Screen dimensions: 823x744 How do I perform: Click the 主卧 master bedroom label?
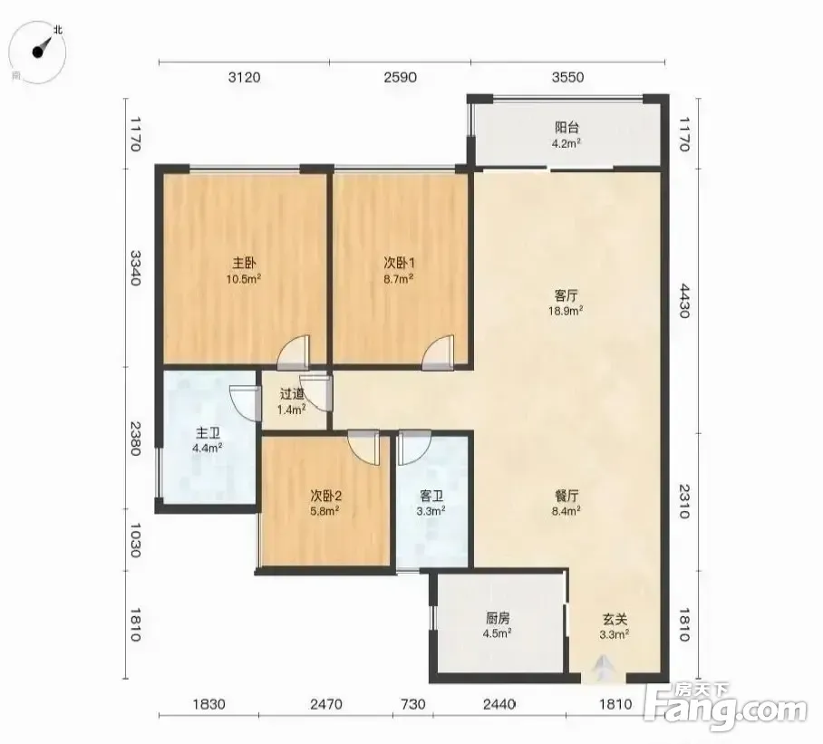click(x=244, y=262)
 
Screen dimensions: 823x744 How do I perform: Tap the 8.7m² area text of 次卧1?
click(x=399, y=278)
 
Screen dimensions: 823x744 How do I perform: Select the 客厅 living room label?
click(x=566, y=295)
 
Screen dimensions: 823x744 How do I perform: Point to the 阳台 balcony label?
click(x=566, y=127)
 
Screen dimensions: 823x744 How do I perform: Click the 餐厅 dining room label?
click(x=566, y=496)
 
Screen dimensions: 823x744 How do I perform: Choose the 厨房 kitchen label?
click(x=498, y=618)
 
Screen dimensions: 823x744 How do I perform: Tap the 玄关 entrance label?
click(x=615, y=620)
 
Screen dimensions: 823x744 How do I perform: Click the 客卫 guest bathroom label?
click(x=431, y=496)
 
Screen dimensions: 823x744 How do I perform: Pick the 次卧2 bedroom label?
click(x=326, y=496)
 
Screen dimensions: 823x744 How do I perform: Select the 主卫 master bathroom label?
click(x=208, y=433)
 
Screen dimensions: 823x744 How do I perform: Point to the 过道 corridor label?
click(x=292, y=393)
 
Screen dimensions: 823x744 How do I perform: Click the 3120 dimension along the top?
click(x=245, y=78)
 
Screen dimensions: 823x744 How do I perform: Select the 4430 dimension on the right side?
click(x=684, y=301)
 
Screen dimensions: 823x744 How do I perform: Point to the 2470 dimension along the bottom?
click(x=326, y=703)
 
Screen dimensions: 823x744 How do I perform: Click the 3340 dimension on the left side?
click(x=135, y=267)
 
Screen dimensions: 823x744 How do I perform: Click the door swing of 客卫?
click(x=414, y=448)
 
